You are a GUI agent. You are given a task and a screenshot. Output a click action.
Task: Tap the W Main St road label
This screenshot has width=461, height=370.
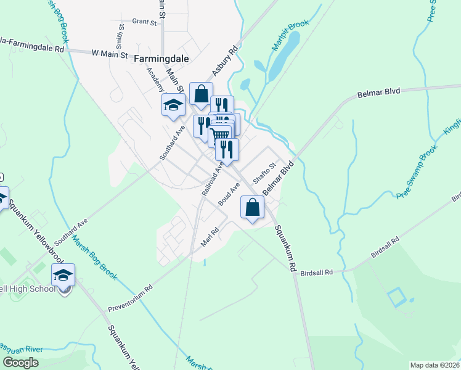click(109, 54)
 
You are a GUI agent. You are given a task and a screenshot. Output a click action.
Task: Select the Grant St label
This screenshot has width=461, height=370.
click(145, 22)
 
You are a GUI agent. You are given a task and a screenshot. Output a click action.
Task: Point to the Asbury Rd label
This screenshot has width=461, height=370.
click(225, 62)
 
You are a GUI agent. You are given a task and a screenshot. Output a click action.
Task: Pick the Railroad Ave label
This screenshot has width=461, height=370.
click(212, 179)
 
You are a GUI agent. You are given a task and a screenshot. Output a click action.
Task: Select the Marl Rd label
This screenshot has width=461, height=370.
click(210, 238)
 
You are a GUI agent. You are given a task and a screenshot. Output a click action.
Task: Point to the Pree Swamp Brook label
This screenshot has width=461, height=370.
click(417, 171)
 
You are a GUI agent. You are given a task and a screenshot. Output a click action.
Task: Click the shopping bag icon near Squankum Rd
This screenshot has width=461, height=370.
click(251, 207)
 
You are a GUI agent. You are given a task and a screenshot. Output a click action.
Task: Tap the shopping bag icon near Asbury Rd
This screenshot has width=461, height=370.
click(201, 94)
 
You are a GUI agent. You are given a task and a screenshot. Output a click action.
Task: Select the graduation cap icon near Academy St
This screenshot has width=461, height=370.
click(173, 105)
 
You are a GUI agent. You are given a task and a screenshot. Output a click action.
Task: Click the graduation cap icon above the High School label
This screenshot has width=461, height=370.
click(63, 275)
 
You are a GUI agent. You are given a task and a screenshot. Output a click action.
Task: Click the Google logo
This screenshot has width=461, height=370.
click(20, 362)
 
